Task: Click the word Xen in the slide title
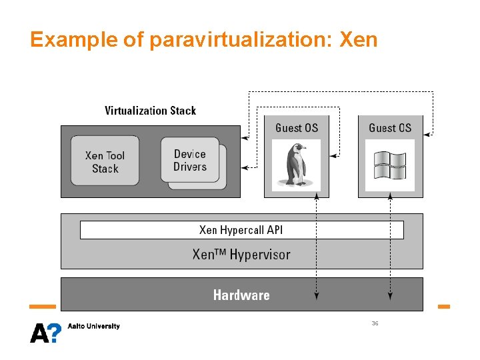coord(359,40)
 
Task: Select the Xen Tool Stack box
coord(105,161)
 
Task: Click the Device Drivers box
coord(190,160)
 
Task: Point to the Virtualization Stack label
coord(151,111)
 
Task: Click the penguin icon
coord(297,164)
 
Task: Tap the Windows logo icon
coord(390,165)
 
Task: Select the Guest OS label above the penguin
coord(297,128)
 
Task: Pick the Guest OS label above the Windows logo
coord(390,128)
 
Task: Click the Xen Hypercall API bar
coord(241,230)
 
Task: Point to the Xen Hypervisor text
coord(241,254)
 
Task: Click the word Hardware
coord(241,295)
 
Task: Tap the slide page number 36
coord(375,323)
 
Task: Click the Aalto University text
coord(94,326)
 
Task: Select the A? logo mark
coord(45,331)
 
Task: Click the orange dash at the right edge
coord(443,307)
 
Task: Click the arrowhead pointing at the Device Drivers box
coord(245,167)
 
